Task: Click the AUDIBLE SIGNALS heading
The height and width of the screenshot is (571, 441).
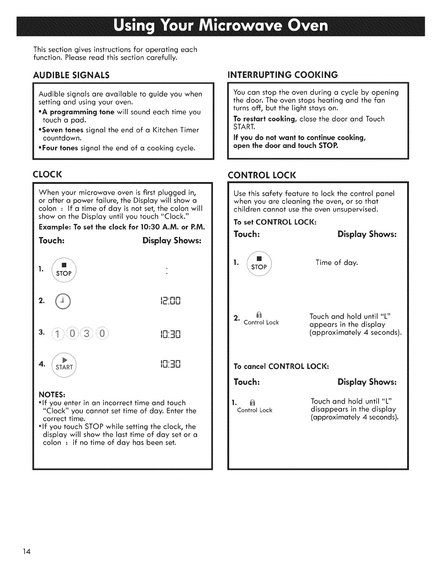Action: click(x=71, y=75)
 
